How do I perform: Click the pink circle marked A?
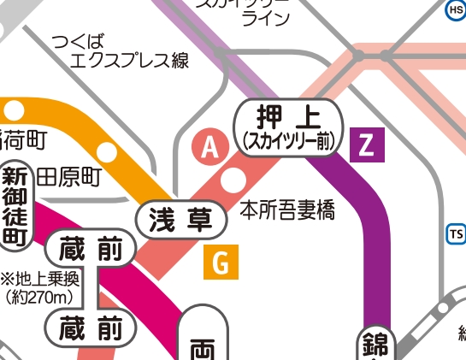(x=209, y=148)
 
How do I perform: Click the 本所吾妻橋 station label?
(x=286, y=209)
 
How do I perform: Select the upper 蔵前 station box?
(x=92, y=250)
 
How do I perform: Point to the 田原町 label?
(x=68, y=177)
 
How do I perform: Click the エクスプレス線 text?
(x=128, y=61)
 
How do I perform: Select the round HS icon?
(x=456, y=9)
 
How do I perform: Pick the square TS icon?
(x=456, y=233)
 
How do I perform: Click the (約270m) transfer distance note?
(x=40, y=298)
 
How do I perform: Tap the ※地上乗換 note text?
(x=39, y=280)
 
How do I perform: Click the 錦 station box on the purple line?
(x=374, y=345)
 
